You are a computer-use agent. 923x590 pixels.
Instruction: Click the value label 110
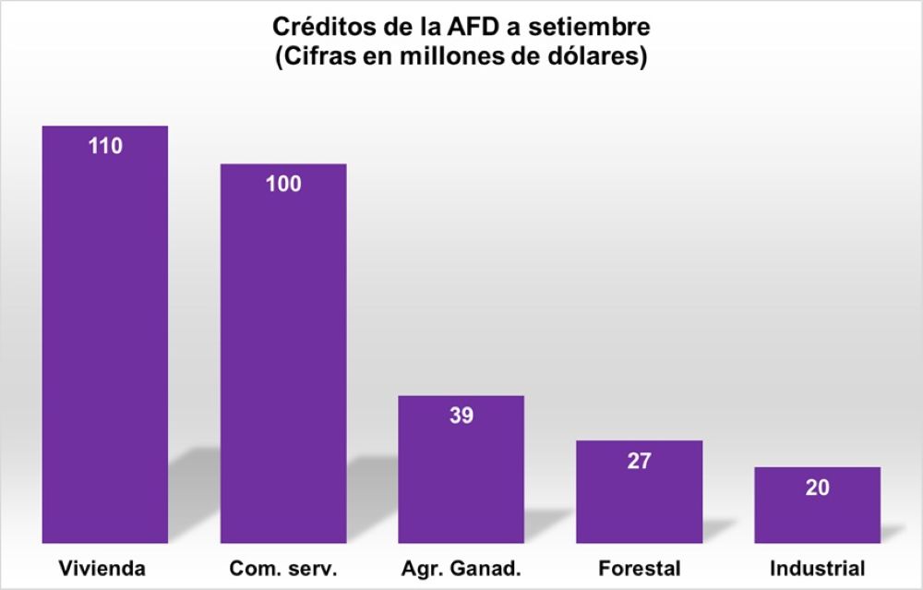(x=105, y=145)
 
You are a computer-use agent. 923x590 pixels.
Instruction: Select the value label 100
(x=282, y=184)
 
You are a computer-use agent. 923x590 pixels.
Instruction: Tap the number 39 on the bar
(x=461, y=415)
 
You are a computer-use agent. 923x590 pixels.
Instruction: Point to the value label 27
(x=639, y=461)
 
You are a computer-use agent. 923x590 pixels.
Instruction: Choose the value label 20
(x=817, y=488)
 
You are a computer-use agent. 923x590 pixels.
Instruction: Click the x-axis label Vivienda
(x=102, y=567)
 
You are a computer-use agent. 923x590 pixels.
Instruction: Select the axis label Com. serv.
(x=282, y=567)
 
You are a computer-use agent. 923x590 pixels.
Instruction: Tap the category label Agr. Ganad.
(x=461, y=567)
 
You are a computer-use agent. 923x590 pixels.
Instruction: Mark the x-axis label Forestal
(x=639, y=567)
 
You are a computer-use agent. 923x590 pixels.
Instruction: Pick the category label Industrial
(x=817, y=567)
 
